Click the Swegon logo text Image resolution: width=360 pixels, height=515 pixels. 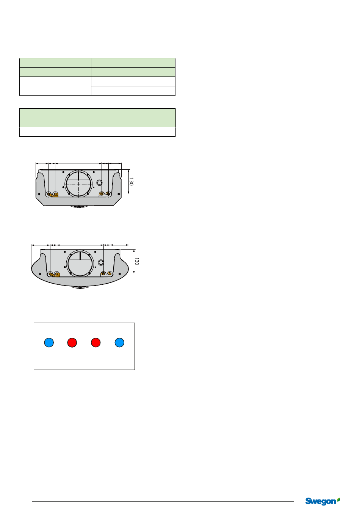(320, 502)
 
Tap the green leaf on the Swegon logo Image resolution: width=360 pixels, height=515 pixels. (338, 499)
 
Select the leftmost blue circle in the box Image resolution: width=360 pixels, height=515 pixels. (49, 342)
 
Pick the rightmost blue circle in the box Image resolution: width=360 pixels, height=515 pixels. (119, 342)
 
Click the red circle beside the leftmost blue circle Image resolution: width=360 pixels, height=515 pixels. (72, 342)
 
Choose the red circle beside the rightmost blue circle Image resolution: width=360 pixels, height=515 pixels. (96, 342)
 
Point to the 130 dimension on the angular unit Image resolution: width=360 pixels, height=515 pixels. (131, 182)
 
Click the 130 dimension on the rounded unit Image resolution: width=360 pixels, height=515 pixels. (137, 261)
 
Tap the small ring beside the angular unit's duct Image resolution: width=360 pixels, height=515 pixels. (99, 183)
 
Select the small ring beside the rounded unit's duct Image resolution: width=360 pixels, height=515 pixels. (101, 262)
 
